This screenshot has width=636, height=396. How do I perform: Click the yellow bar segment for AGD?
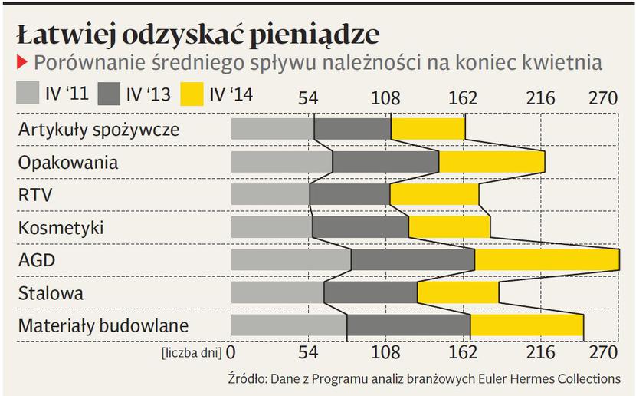547,260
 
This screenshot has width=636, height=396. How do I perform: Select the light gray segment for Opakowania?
281,162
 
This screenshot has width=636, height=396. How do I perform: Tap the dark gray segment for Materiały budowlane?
408,325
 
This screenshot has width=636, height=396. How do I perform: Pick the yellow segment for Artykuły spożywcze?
428,129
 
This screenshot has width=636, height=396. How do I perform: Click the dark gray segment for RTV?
349,195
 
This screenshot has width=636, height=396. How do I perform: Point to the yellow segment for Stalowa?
457,293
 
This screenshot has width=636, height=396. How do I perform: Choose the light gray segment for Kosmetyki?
271,227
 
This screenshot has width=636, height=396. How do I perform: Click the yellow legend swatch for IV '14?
195,94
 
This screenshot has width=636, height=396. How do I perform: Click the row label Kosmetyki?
61,228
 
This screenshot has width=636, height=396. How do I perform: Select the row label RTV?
35,195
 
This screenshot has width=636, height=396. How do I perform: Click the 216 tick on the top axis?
540,98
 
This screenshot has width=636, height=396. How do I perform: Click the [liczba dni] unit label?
192,353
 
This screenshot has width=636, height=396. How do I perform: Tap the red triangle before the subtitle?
21,61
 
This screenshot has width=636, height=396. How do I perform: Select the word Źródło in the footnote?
245,378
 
